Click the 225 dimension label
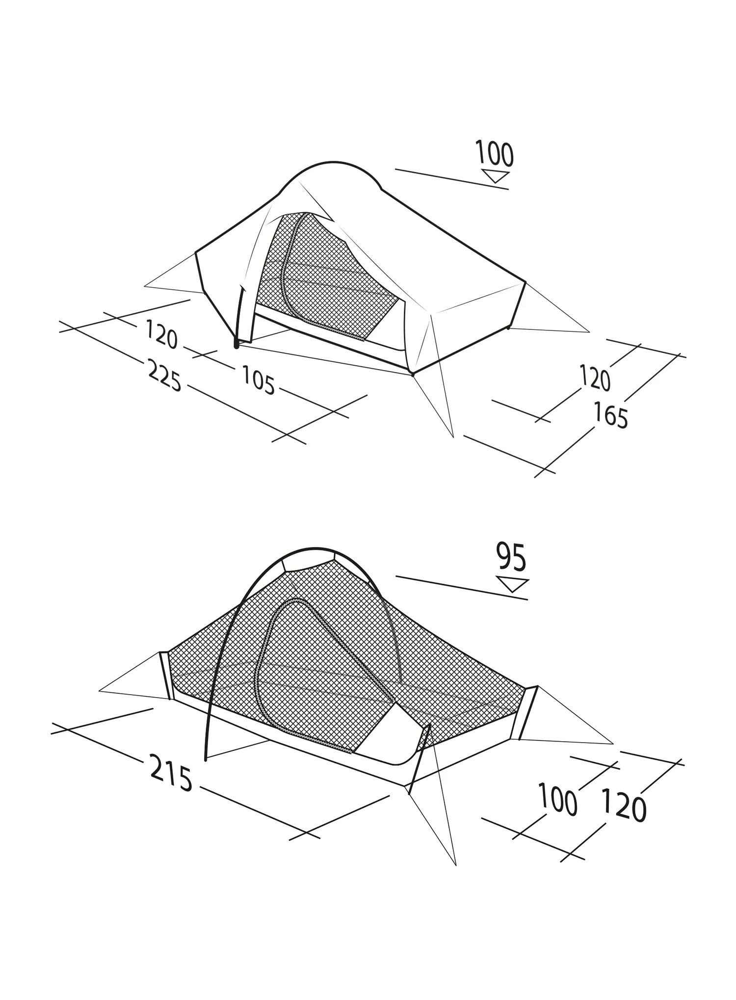165,375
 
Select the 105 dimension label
258,381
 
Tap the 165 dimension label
611,415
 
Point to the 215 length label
171,773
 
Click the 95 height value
511,557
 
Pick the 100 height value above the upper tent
495,153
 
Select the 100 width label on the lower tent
557,800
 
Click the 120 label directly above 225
161,335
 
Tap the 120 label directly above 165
595,378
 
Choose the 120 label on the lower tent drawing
624,804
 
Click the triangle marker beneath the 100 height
496,176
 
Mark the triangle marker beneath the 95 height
512,585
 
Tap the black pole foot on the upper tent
237,345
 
